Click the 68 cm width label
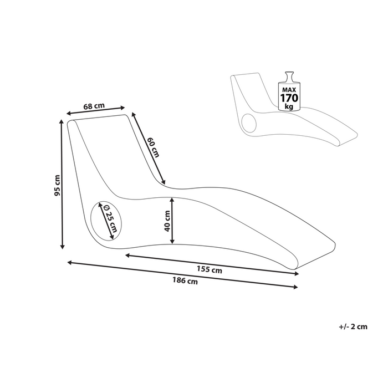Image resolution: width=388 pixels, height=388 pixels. (x=94, y=106)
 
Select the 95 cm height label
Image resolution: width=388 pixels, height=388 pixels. (x=57, y=185)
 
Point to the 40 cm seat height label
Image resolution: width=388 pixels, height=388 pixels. (x=167, y=221)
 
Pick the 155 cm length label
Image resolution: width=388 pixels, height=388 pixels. (x=210, y=269)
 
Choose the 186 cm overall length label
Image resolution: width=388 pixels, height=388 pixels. (x=185, y=281)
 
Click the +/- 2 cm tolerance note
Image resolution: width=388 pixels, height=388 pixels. (x=353, y=326)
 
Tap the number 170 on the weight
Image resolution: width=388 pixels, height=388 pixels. (x=289, y=98)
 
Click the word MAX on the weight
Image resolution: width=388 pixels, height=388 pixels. (x=289, y=89)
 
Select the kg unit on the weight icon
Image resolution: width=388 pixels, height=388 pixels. (x=289, y=106)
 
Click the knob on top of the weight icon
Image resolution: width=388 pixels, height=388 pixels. (x=289, y=75)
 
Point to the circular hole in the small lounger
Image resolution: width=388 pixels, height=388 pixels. (x=249, y=123)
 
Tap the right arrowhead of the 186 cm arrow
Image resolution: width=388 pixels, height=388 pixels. (x=295, y=287)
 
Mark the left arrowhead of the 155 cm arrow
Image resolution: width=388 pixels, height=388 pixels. (x=128, y=255)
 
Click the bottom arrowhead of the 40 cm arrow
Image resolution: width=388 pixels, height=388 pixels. (x=172, y=241)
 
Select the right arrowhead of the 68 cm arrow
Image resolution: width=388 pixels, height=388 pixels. (x=122, y=108)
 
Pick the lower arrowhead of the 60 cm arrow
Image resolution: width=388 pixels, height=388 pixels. (x=163, y=182)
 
